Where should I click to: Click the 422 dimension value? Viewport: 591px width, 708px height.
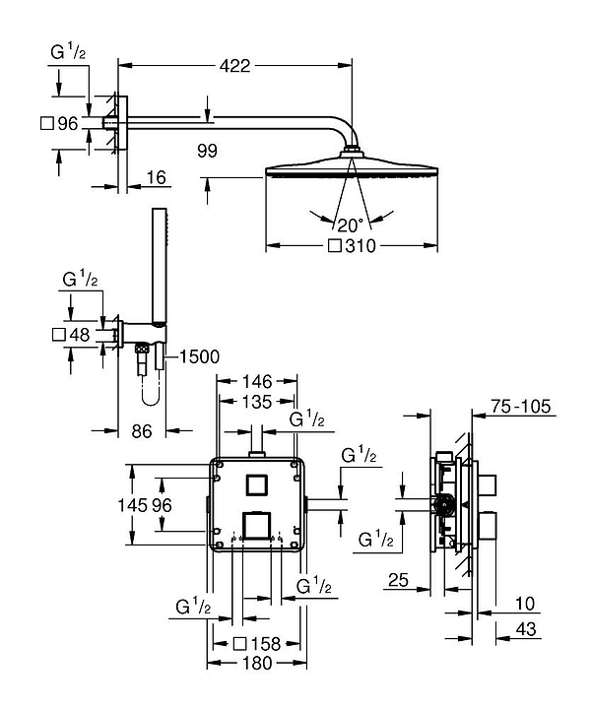[x=234, y=66]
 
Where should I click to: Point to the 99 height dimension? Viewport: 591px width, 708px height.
[x=206, y=151]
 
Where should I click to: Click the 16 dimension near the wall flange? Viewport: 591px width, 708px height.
[x=156, y=177]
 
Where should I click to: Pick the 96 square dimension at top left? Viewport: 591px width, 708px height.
[x=66, y=124]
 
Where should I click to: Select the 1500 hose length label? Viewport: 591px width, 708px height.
[x=195, y=356]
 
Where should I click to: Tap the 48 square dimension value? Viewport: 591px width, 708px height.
[x=79, y=335]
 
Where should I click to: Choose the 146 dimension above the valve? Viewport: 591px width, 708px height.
[x=257, y=380]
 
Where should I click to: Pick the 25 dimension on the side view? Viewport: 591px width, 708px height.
[x=398, y=581]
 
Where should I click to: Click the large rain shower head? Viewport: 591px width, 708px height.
[x=352, y=168]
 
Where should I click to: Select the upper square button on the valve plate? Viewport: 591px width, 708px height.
[x=257, y=483]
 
